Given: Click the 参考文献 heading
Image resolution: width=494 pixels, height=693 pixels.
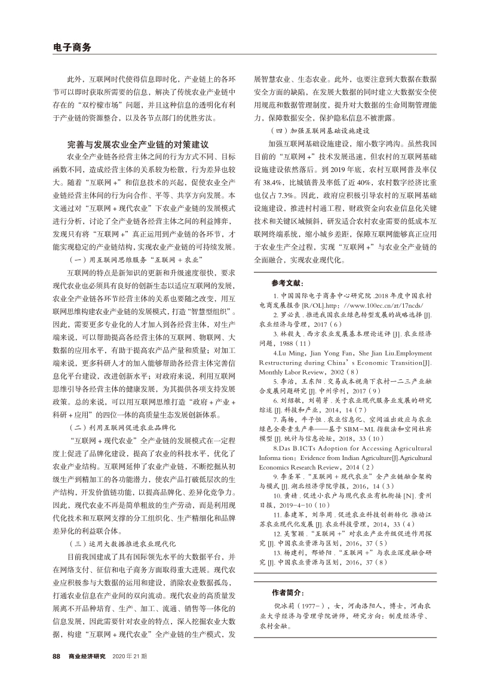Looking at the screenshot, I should click(287, 282).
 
